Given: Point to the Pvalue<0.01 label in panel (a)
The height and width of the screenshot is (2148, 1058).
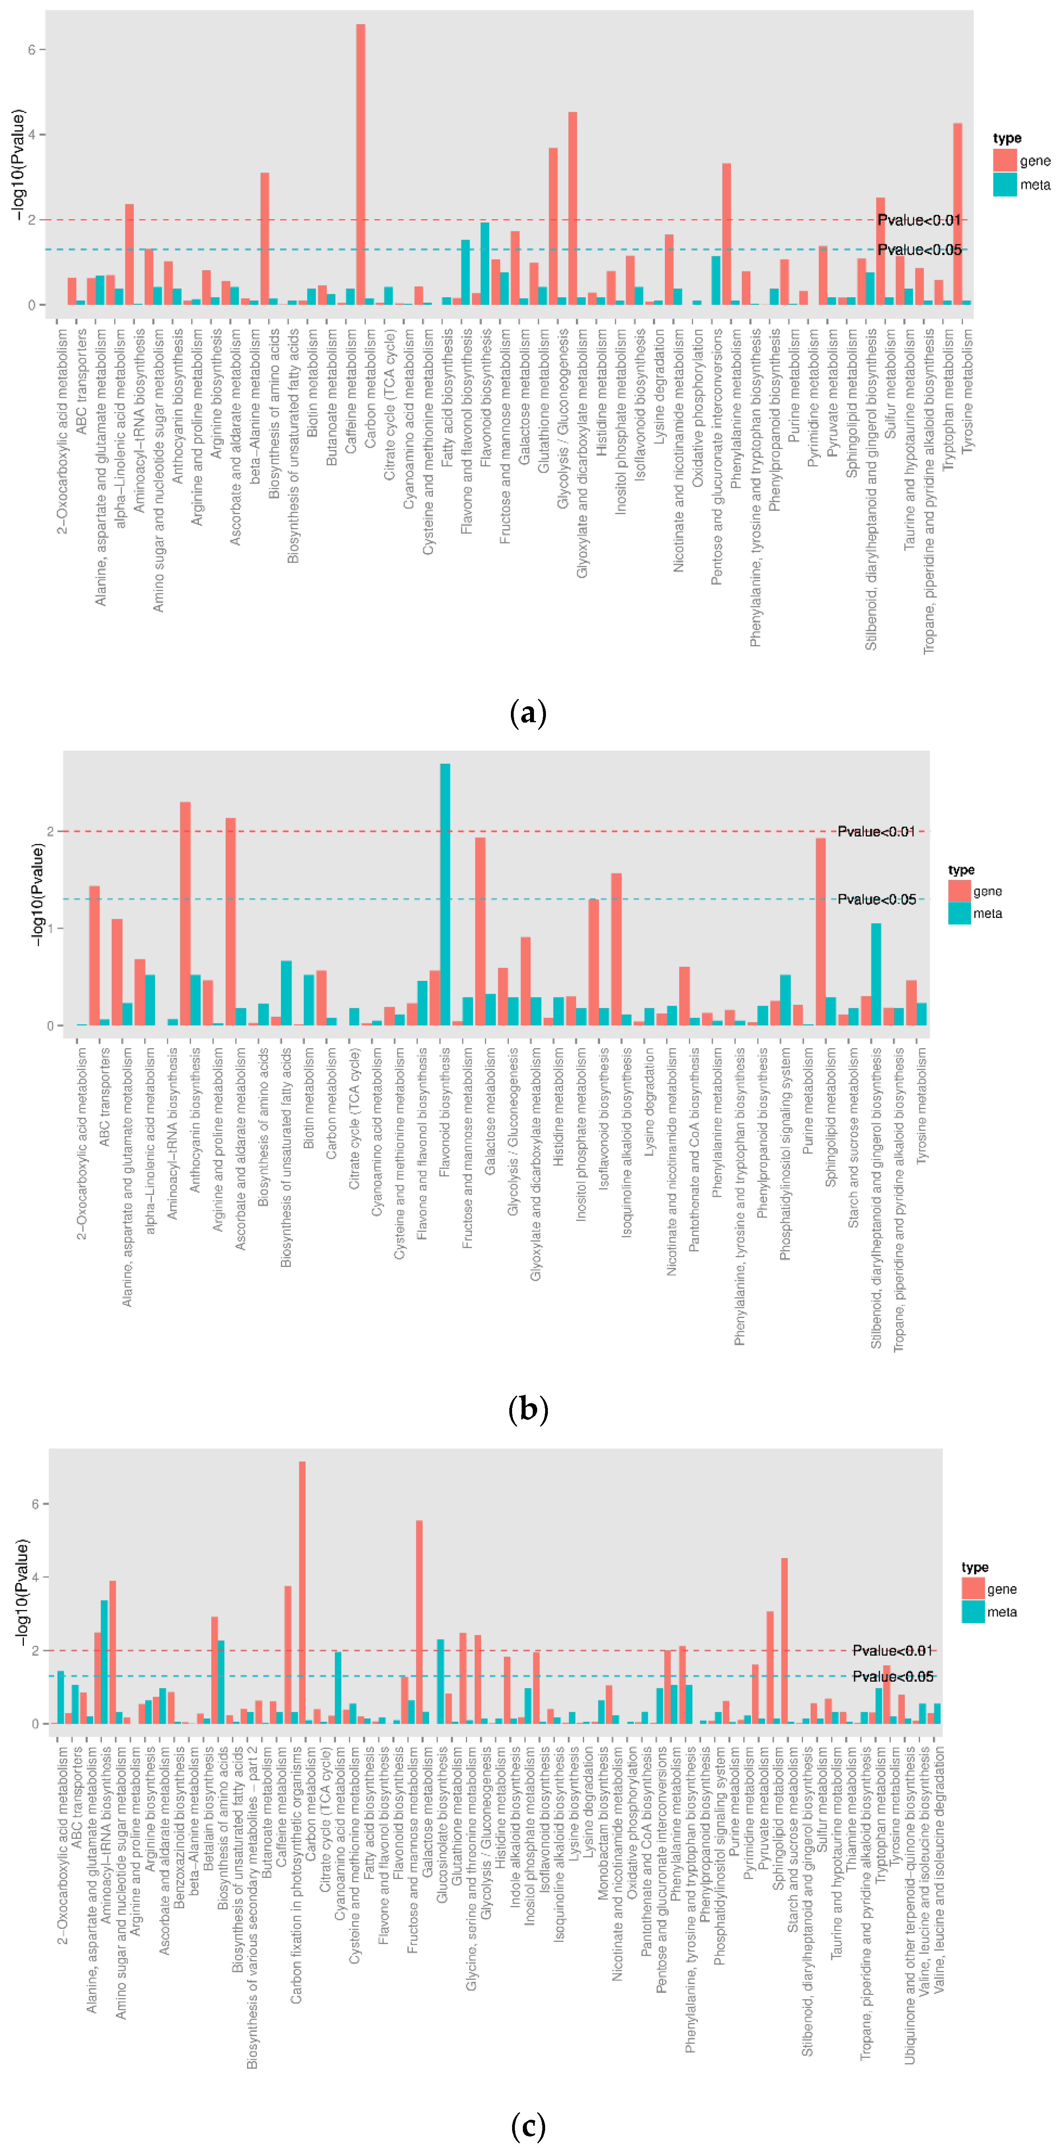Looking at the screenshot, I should [919, 220].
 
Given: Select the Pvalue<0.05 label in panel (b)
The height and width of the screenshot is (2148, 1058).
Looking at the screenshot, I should [876, 899].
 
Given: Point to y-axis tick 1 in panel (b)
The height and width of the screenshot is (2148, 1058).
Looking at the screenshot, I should [50, 928].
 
